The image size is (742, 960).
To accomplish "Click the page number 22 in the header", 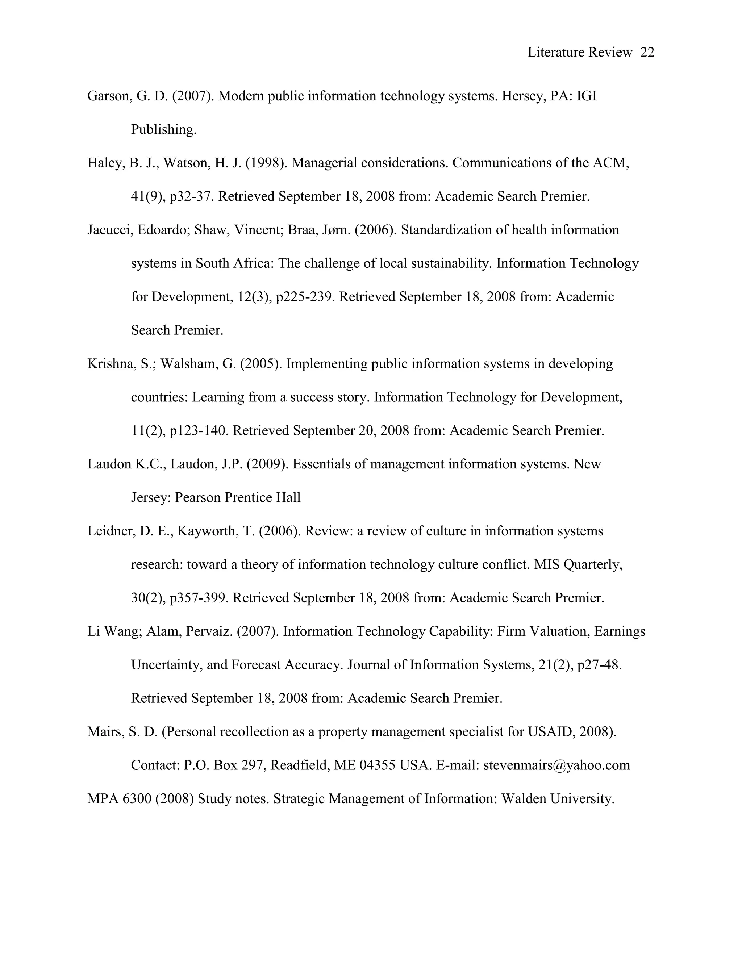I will pyautogui.click(x=647, y=52).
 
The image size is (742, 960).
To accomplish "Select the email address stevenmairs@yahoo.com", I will pyautogui.click(x=556, y=765).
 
